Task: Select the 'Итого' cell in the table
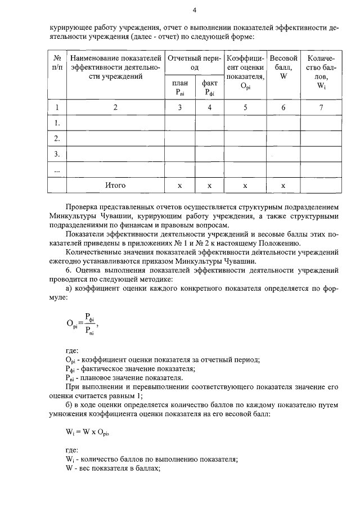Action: pyautogui.click(x=115, y=185)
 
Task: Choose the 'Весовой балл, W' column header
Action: pyautogui.click(x=283, y=63)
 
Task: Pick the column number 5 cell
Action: pyautogui.click(x=245, y=108)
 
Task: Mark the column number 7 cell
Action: pyautogui.click(x=321, y=108)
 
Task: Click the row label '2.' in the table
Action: pyautogui.click(x=57, y=138)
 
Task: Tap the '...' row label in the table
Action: pyautogui.click(x=57, y=169)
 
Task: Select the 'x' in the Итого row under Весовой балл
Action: pyautogui.click(x=283, y=185)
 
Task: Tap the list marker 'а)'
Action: pyautogui.click(x=70, y=289)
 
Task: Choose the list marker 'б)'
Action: pyautogui.click(x=70, y=404)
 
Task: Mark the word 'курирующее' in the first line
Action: pyautogui.click(x=69, y=26)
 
